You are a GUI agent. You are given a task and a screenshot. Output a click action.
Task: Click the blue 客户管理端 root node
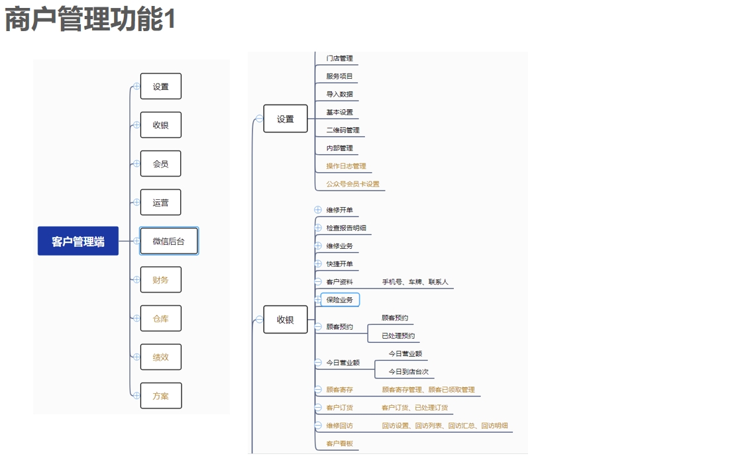[x=78, y=242]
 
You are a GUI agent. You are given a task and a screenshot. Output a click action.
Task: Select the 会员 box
[x=160, y=163]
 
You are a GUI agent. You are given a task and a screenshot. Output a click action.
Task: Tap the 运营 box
[x=160, y=203]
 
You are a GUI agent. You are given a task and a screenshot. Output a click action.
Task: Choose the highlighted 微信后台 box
[x=168, y=241]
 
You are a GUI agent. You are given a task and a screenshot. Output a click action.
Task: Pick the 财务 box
[x=160, y=280]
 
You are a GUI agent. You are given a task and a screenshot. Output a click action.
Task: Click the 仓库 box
[x=160, y=318]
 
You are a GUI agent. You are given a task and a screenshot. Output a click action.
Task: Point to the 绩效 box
[x=160, y=357]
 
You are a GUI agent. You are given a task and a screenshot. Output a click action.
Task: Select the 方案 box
[x=160, y=396]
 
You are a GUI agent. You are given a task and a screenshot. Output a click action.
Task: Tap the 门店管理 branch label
[x=339, y=58]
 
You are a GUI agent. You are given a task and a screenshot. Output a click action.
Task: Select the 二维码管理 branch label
[x=343, y=130]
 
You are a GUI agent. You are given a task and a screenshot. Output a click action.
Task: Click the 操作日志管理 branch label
[x=346, y=166]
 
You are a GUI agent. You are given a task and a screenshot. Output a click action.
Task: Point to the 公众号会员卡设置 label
[x=352, y=184]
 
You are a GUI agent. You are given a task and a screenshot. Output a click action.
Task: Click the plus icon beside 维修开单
[x=318, y=210]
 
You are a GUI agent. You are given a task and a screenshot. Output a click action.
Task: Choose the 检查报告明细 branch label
[x=346, y=228]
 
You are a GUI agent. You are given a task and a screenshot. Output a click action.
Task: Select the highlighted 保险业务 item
[x=340, y=300]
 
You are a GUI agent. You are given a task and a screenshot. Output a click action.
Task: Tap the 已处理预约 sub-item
[x=398, y=336]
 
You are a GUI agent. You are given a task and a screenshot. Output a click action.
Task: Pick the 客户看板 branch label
[x=339, y=443]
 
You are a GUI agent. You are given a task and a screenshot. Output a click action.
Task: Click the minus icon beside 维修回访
[x=318, y=426]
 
